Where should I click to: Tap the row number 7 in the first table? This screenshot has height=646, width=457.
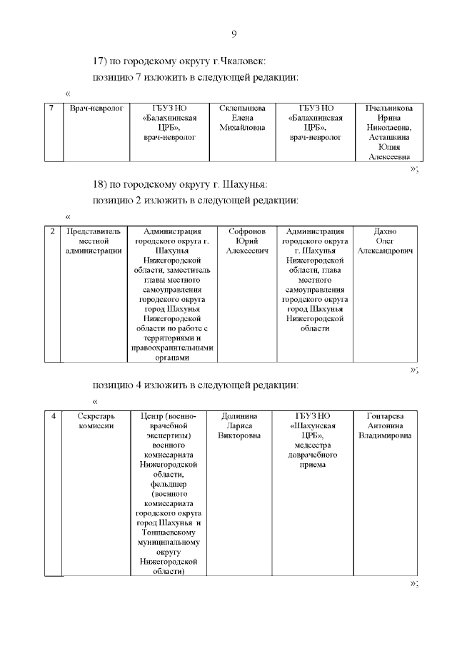pyautogui.click(x=52, y=108)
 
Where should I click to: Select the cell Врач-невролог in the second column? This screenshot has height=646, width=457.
pyautogui.click(x=96, y=108)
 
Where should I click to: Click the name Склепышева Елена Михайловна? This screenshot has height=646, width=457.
pyautogui.click(x=241, y=118)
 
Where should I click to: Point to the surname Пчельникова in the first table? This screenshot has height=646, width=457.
pyautogui.click(x=389, y=108)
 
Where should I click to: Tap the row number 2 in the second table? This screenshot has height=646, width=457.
pyautogui.click(x=52, y=231)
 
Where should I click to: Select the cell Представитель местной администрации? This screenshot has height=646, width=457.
pyautogui.click(x=94, y=241)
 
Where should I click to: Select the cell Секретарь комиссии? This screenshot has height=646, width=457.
pyautogui.click(x=95, y=420)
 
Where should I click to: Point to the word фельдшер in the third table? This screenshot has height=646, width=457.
pyautogui.click(x=169, y=484)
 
